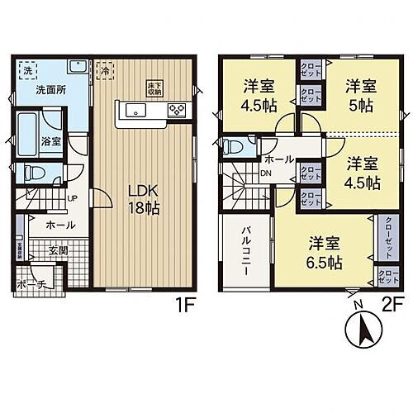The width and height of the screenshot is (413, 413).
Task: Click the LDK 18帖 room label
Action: click(x=142, y=199)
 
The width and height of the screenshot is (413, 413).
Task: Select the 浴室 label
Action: click(x=51, y=141)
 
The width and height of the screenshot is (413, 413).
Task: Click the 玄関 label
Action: click(x=57, y=250)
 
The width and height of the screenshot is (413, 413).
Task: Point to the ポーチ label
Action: click(x=31, y=285)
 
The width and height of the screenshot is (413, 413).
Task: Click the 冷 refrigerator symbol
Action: click(x=105, y=70)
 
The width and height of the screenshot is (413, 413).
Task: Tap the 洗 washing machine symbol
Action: click(x=26, y=70)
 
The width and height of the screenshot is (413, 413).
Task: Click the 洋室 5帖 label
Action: click(x=361, y=93)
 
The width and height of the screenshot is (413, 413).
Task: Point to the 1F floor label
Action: click(x=183, y=304)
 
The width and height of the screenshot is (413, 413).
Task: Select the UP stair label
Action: click(x=72, y=198)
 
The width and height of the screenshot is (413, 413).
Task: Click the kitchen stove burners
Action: click(x=178, y=111)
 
